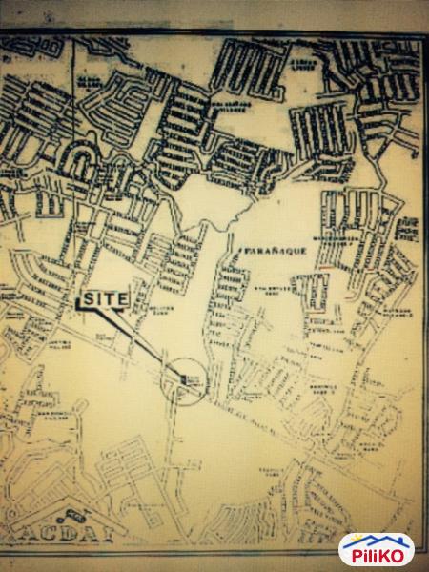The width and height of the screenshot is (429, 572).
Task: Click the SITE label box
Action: (104, 298)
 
